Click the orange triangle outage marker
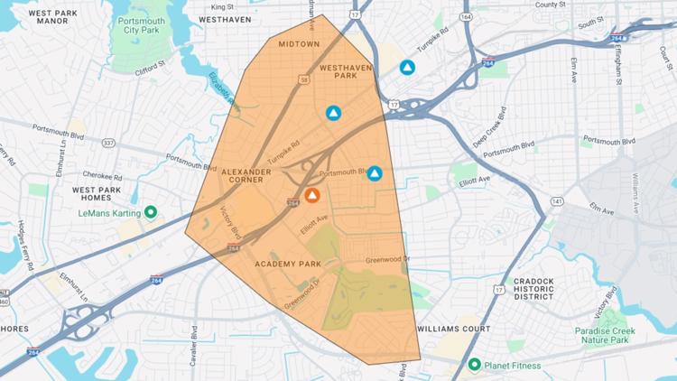[x=311, y=195]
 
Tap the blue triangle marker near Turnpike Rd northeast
[x=407, y=67]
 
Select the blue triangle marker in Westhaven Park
[x=333, y=113]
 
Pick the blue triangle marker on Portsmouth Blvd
[x=375, y=173]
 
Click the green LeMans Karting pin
[x=151, y=212]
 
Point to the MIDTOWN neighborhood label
[x=299, y=43]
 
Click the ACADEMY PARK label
[x=288, y=264]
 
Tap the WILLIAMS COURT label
[x=455, y=329]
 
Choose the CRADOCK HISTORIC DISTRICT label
[x=533, y=288]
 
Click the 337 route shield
[x=108, y=143]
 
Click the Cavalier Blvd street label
[x=194, y=347]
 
